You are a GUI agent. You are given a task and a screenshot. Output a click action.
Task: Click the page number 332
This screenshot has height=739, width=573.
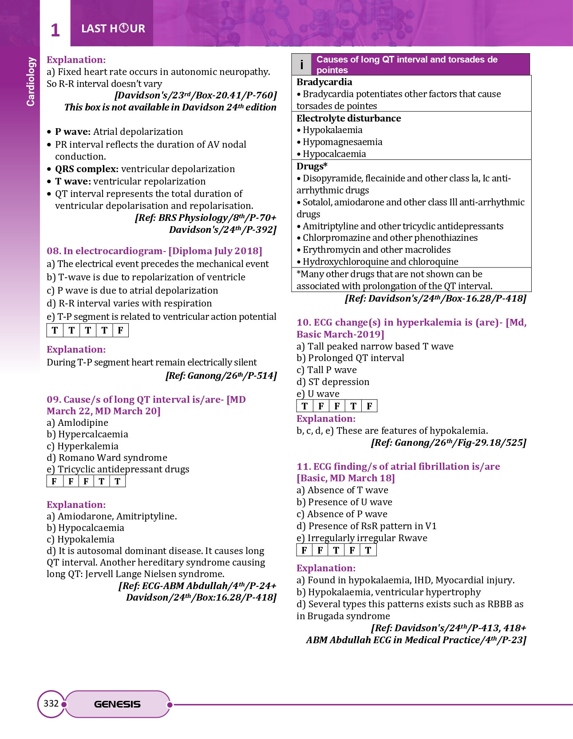[51, 704]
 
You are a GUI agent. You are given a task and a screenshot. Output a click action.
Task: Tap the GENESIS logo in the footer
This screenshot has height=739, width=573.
[117, 704]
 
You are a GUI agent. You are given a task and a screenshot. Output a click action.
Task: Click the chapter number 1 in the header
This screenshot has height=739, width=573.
[55, 30]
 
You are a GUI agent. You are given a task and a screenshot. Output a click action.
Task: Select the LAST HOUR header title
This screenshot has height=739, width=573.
[113, 29]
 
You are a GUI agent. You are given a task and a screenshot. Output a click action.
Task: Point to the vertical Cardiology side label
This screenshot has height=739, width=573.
[31, 82]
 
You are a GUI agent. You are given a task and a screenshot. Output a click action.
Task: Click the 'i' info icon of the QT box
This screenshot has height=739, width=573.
[302, 65]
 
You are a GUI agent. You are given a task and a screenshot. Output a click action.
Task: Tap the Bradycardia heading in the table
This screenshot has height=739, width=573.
[324, 82]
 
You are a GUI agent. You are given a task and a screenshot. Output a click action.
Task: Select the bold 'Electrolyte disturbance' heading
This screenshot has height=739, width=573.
[348, 118]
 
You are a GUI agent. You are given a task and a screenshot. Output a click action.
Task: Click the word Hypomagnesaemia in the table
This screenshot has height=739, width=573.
[342, 142]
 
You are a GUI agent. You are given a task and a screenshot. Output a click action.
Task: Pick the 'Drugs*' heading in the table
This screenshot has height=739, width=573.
[312, 166]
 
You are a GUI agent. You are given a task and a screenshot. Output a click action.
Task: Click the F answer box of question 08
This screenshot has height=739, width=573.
[120, 330]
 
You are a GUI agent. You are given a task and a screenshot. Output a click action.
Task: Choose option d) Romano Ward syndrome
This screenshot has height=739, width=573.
[107, 458]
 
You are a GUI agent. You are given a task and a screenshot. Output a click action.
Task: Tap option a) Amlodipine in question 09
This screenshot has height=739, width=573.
[78, 423]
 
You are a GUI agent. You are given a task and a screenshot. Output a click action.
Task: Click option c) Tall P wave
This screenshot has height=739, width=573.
[327, 370]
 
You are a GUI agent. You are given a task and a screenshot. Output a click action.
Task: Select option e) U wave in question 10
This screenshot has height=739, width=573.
[318, 394]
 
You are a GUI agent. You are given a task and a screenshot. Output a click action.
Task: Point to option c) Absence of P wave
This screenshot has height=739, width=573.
[342, 514]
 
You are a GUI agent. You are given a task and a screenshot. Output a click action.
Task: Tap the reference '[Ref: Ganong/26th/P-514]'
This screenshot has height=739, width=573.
[221, 376]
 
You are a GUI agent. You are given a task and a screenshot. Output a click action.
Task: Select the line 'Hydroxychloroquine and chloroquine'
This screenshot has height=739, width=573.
[380, 262]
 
